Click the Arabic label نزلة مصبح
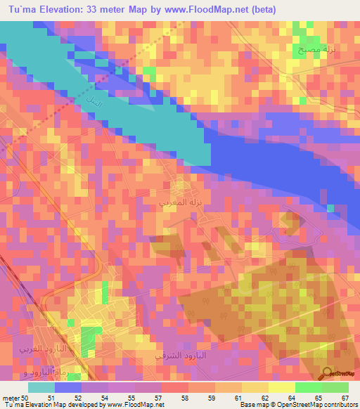309,51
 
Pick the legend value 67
345,397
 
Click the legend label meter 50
15,397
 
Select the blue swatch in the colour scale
68,387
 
